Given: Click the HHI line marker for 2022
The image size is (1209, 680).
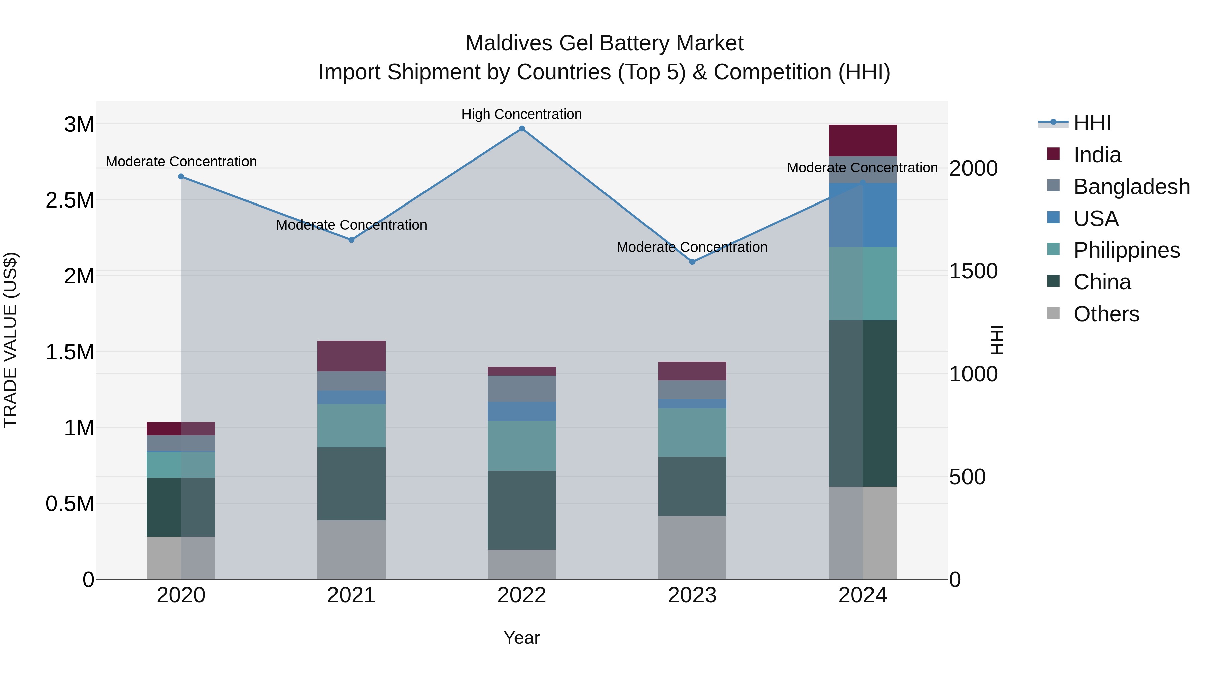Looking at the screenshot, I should [522, 129].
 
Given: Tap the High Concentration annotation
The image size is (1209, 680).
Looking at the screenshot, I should [522, 115].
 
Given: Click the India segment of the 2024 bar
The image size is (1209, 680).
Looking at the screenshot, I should [863, 141].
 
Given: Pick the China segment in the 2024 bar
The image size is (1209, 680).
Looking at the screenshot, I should [863, 404].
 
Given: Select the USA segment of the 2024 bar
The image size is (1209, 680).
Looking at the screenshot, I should [863, 215].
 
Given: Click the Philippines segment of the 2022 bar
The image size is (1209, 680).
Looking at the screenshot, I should [522, 446].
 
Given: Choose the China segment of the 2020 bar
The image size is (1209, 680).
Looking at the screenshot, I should [181, 507].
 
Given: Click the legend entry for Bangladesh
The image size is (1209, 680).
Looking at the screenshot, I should [1131, 187].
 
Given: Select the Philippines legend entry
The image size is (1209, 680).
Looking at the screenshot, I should [1126, 250].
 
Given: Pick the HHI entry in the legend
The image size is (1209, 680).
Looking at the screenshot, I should [1092, 123].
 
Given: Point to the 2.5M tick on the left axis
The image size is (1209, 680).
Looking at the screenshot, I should [70, 200].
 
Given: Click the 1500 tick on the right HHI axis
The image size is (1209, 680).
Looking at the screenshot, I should [973, 271].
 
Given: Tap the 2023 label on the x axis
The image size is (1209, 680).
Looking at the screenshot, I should [692, 595].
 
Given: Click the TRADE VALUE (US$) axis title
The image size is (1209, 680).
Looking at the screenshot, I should [10, 340].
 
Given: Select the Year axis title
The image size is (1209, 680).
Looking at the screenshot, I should [522, 638].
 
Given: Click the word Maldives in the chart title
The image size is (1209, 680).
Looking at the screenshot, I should [509, 43].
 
